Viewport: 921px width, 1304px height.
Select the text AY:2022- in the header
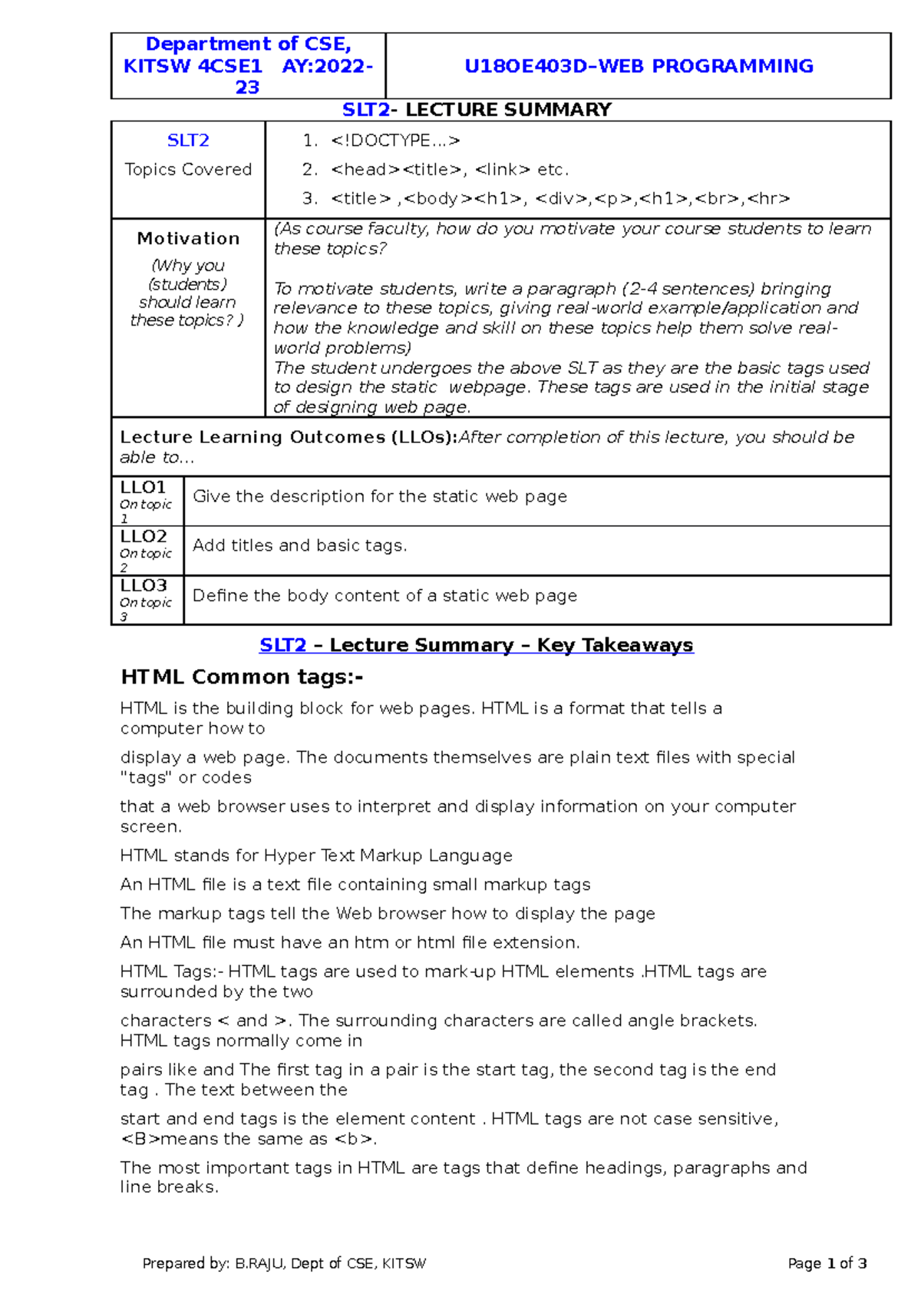[327, 66]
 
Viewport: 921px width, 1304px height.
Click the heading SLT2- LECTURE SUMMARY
[477, 110]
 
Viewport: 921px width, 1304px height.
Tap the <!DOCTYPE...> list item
[395, 141]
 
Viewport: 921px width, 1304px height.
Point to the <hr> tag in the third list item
[768, 199]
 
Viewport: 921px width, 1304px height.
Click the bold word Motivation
[188, 239]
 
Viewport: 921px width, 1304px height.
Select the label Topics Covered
[188, 170]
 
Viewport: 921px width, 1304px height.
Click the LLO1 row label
[143, 488]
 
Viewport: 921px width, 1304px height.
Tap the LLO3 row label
[143, 586]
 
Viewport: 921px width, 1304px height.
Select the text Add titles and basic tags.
[299, 546]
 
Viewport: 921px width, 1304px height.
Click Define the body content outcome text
[385, 596]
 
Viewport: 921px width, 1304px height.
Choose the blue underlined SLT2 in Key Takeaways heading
[282, 645]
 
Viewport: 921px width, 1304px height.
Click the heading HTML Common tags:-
[242, 677]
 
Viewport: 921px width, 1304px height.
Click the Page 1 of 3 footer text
[827, 1263]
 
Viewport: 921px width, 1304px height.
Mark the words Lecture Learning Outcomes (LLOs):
[288, 438]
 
